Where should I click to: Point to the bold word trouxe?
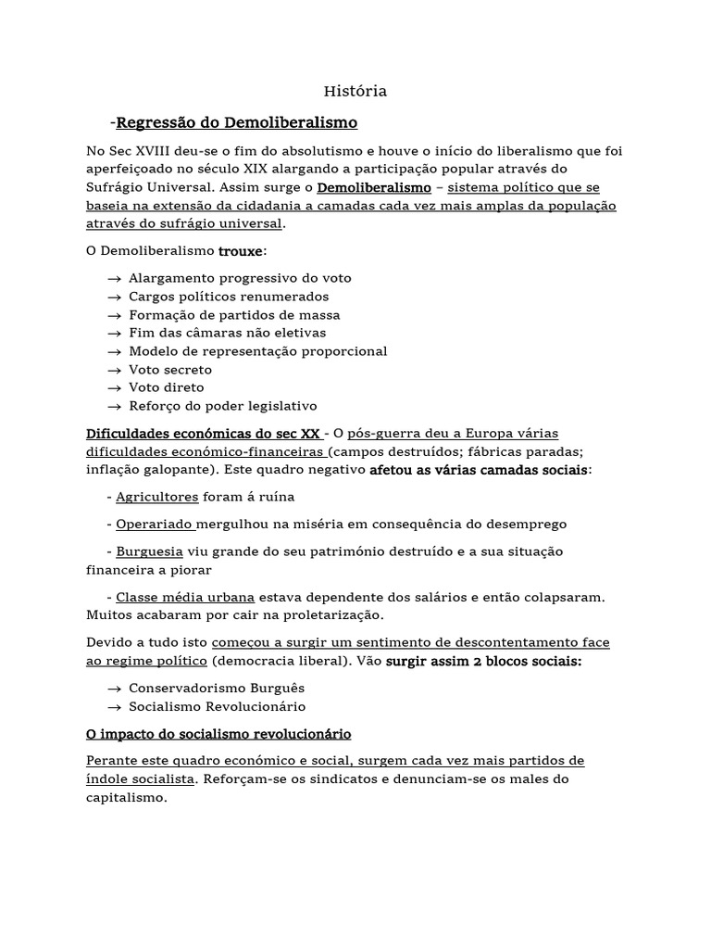(x=241, y=251)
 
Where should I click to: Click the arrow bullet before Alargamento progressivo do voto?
(x=114, y=278)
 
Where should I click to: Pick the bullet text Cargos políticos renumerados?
(x=229, y=297)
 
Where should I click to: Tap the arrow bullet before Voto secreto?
(x=114, y=369)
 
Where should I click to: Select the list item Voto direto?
(x=167, y=387)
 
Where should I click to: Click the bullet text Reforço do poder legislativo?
(x=223, y=406)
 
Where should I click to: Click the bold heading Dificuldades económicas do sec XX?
(x=204, y=434)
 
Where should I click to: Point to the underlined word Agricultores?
(x=157, y=497)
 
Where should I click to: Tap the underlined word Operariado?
(x=155, y=524)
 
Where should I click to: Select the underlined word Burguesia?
(x=151, y=551)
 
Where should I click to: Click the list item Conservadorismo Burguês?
(x=217, y=689)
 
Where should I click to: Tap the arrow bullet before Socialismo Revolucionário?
(x=114, y=706)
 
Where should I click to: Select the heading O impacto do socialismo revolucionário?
(x=218, y=734)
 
